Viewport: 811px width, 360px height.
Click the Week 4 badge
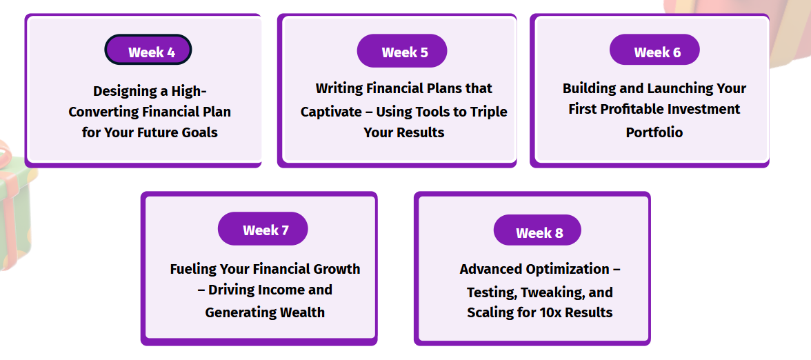click(x=148, y=50)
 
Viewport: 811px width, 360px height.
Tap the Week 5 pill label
click(x=402, y=51)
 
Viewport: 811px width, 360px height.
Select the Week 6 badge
click(x=654, y=50)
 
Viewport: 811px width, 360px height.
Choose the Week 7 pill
click(x=263, y=229)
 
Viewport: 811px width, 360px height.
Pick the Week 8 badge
click(x=537, y=230)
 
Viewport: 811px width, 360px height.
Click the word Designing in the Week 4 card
click(x=121, y=92)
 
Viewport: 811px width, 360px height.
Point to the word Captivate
click(x=326, y=112)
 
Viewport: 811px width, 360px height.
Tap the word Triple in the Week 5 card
click(x=490, y=112)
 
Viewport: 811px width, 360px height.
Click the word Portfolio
click(x=654, y=132)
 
